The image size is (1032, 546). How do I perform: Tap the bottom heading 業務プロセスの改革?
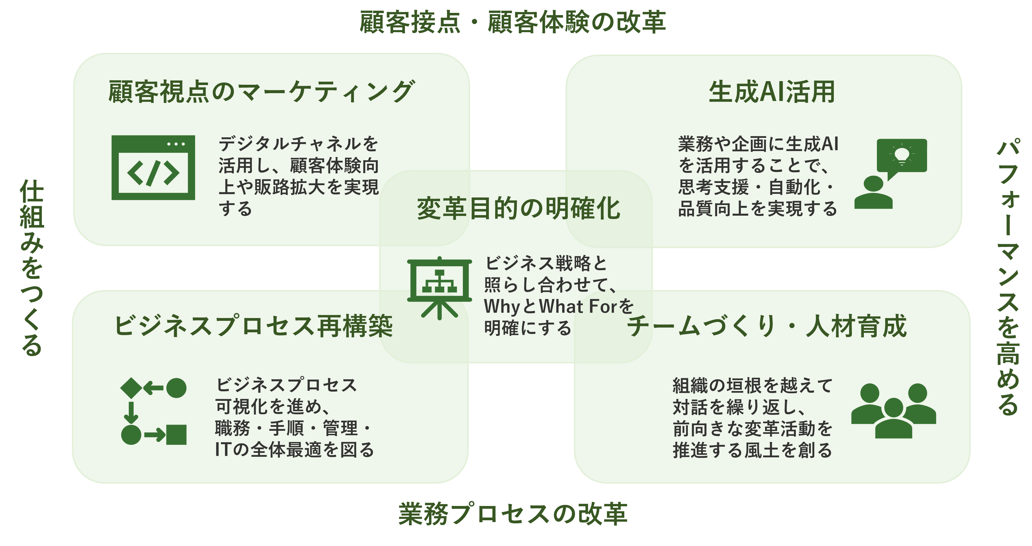tap(513, 514)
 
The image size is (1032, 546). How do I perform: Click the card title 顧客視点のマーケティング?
tap(261, 91)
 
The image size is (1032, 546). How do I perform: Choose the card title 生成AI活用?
tap(771, 92)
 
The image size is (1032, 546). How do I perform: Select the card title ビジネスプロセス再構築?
tap(254, 326)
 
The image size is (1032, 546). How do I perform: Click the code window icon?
tap(153, 168)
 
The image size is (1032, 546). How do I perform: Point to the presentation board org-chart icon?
tap(440, 288)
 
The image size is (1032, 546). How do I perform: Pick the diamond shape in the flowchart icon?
tap(131, 388)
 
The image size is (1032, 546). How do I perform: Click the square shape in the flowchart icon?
tap(176, 435)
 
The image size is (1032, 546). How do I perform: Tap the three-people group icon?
tap(893, 411)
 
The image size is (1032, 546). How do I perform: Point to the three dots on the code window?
tap(176, 144)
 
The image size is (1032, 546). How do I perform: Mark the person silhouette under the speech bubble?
tap(873, 192)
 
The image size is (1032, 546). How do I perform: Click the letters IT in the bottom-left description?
tap(222, 449)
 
